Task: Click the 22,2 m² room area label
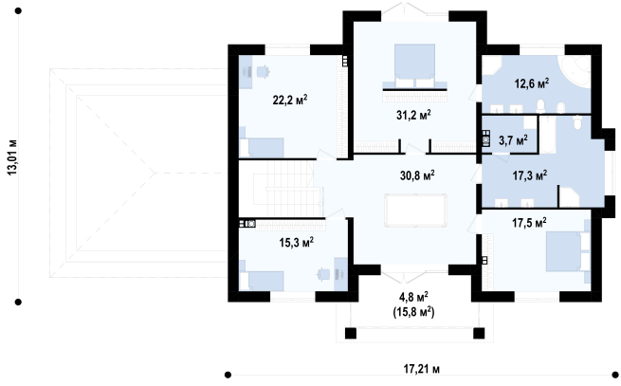(x=290, y=100)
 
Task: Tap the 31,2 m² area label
(x=413, y=115)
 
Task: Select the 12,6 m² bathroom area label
(x=532, y=83)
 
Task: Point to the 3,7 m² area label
(x=513, y=140)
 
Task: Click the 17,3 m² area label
(x=530, y=175)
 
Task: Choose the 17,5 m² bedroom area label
(x=529, y=222)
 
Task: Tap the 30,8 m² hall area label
(x=417, y=175)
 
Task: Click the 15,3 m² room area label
(x=297, y=242)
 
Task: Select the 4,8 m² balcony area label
(x=414, y=297)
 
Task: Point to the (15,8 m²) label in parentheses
(x=414, y=312)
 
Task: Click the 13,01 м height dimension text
(x=12, y=156)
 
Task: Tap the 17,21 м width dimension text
(x=421, y=369)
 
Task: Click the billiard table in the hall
(x=415, y=210)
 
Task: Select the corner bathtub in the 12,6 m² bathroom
(x=575, y=70)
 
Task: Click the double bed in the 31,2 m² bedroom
(x=414, y=66)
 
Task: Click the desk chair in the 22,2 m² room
(x=264, y=72)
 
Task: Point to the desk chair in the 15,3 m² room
(x=323, y=274)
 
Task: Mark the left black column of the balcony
(x=351, y=333)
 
